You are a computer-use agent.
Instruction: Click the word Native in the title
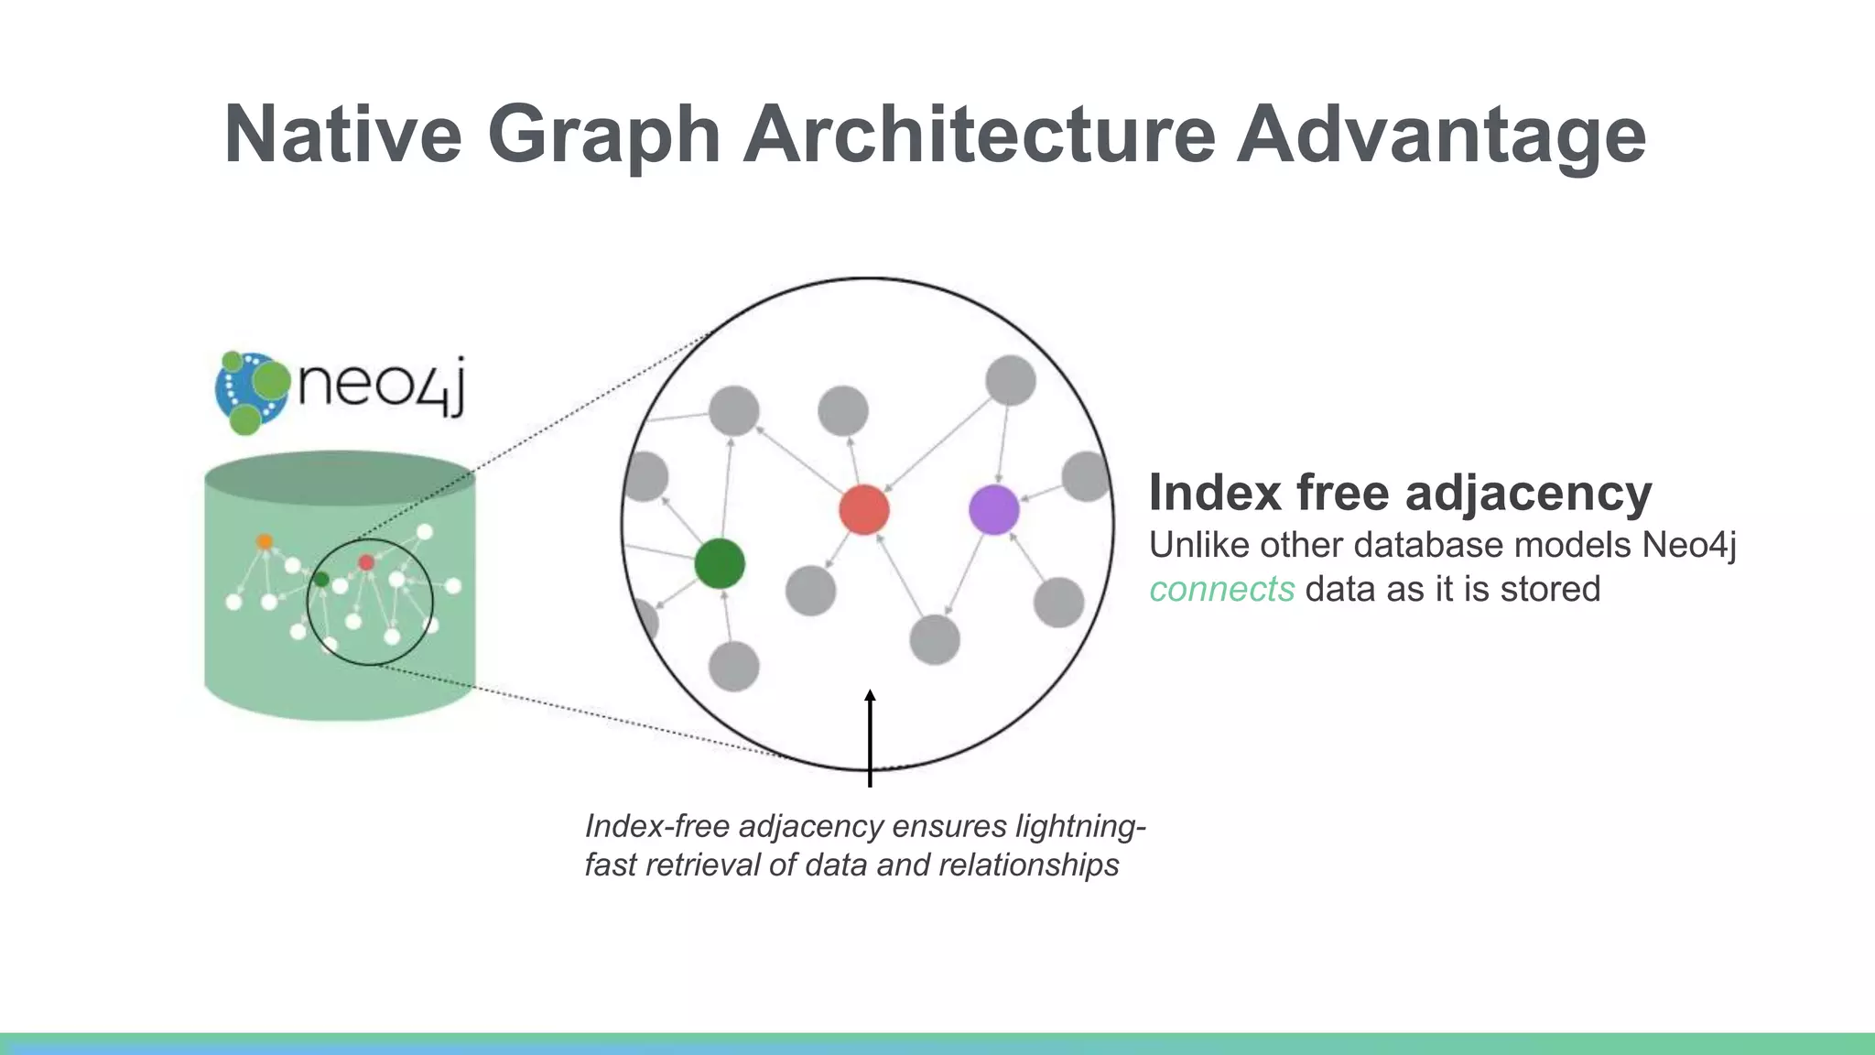(x=342, y=135)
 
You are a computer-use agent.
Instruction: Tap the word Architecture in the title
(x=979, y=135)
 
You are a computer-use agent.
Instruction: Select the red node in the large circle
(x=863, y=510)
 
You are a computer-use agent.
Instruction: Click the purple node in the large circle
(x=993, y=510)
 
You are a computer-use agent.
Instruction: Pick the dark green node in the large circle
(x=719, y=563)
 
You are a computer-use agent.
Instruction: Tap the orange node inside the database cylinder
(x=265, y=541)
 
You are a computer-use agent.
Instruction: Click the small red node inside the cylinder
(x=366, y=562)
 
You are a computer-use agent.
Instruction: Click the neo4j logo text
(x=381, y=385)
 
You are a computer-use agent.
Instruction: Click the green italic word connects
(x=1221, y=589)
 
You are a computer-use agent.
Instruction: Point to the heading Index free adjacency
(x=1399, y=493)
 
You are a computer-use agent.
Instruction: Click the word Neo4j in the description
(x=1688, y=545)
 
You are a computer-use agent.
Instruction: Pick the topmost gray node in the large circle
(x=1010, y=380)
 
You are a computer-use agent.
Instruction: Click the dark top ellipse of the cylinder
(x=340, y=478)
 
